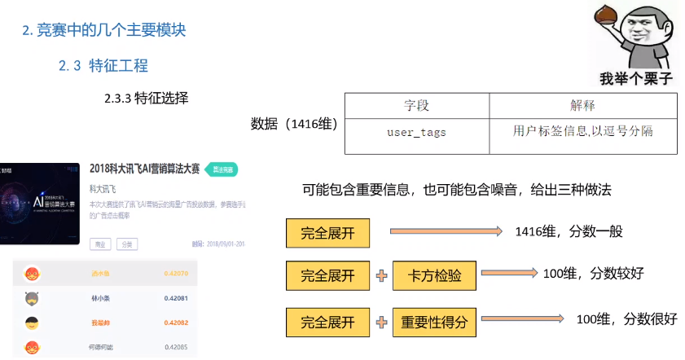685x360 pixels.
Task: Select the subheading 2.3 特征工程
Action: pyautogui.click(x=103, y=66)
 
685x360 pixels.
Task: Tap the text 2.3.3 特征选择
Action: pyautogui.click(x=147, y=99)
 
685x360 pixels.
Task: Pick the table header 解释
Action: pyautogui.click(x=582, y=106)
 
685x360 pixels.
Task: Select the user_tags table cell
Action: pyautogui.click(x=416, y=131)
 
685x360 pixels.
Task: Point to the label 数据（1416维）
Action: pyautogui.click(x=294, y=124)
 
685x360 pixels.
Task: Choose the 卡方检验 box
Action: pyautogui.click(x=433, y=276)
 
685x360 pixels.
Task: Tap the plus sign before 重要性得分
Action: pyautogui.click(x=380, y=322)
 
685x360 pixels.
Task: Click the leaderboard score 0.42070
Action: pyautogui.click(x=176, y=274)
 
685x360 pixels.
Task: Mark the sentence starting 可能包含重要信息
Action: pyautogui.click(x=456, y=189)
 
